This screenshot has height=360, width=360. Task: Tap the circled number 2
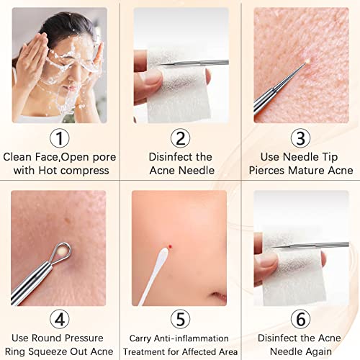pyautogui.click(x=180, y=138)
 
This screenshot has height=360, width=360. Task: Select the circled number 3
pyautogui.click(x=301, y=138)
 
